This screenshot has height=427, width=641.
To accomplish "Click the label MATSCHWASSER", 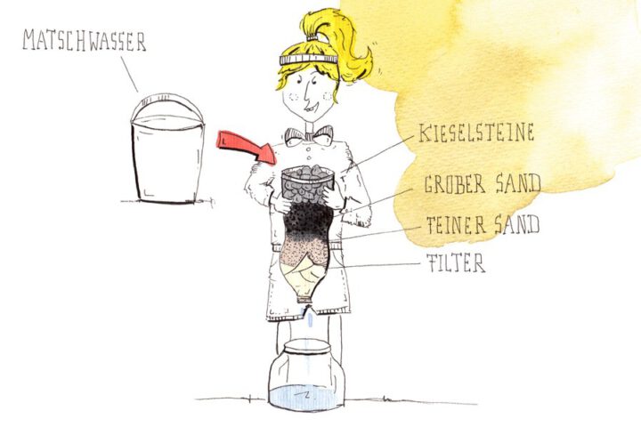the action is tap(85, 40).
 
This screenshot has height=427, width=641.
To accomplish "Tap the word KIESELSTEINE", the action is tap(476, 133).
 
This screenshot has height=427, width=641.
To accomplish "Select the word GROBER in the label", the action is tap(455, 184).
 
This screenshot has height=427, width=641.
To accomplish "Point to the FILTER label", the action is tap(456, 262).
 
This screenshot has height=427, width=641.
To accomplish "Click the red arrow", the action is tap(247, 148).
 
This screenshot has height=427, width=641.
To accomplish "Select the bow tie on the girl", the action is tap(309, 135).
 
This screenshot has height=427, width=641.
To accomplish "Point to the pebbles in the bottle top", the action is tap(307, 183).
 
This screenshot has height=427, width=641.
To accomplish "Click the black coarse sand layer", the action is tap(306, 221).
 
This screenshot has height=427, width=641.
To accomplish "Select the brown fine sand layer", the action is tap(304, 251).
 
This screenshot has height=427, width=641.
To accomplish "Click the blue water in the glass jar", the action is tap(306, 397).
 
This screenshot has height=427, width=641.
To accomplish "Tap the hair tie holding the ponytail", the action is tap(312, 37).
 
